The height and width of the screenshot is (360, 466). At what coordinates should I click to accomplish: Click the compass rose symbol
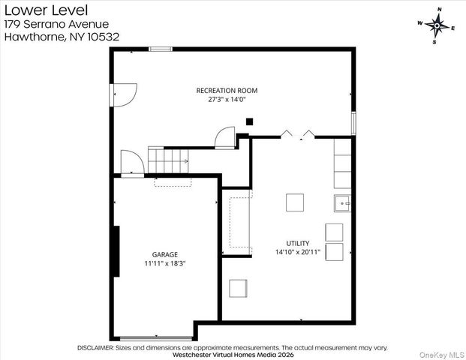(x=437, y=25)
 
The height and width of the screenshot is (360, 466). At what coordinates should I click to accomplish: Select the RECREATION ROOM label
(x=227, y=90)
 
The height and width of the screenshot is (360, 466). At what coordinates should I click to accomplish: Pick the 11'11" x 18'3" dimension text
(x=166, y=264)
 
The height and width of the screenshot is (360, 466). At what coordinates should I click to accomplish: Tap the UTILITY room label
(x=297, y=243)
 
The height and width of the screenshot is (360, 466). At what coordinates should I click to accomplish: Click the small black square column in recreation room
(x=251, y=121)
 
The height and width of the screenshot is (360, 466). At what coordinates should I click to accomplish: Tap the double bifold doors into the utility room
(x=298, y=135)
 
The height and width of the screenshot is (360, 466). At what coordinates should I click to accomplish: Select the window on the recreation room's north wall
(x=160, y=49)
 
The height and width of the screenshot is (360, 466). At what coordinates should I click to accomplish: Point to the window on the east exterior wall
(x=353, y=122)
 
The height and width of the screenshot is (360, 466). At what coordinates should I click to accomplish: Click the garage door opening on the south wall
(x=155, y=338)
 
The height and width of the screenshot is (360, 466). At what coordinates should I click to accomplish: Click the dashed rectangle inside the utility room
(x=239, y=221)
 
